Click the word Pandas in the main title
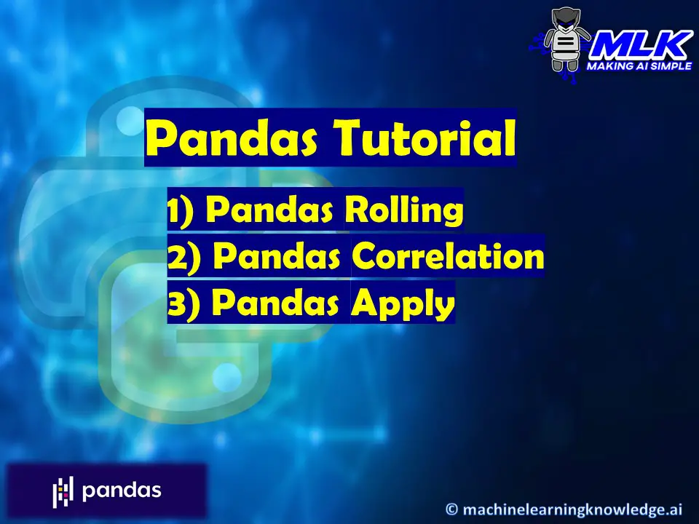(232, 138)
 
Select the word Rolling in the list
(404, 210)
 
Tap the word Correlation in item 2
(448, 255)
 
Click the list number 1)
(181, 211)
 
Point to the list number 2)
(184, 257)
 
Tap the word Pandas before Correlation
(277, 255)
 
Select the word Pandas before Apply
(275, 302)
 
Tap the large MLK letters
(641, 45)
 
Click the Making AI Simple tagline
(639, 66)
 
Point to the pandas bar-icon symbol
(63, 491)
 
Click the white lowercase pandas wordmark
(122, 490)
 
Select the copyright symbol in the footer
(451, 509)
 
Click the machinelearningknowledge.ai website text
(572, 509)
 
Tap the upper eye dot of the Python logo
(130, 121)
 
